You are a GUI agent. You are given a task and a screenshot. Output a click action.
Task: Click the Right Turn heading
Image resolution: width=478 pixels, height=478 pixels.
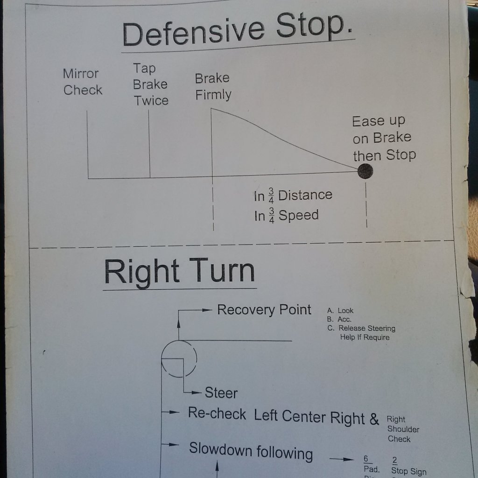point(180,271)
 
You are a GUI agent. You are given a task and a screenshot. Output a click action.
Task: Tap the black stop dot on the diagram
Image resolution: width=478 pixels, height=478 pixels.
point(365,171)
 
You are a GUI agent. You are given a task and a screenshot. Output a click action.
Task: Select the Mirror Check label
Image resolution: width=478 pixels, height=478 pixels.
point(82,82)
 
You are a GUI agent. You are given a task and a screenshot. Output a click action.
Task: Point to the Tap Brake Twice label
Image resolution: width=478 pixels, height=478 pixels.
point(151,84)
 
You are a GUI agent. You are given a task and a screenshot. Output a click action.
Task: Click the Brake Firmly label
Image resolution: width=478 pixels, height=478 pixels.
point(213,86)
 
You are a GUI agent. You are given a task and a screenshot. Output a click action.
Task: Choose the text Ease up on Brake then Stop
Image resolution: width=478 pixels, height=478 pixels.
point(384,138)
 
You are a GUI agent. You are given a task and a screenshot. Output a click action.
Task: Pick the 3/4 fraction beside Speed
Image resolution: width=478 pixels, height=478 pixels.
point(271,216)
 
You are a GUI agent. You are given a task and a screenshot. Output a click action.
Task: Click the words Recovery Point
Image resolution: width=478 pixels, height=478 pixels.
point(264,310)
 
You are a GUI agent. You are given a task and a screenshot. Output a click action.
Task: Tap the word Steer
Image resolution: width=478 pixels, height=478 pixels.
point(221,393)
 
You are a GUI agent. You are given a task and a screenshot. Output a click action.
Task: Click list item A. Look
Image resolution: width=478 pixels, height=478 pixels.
point(340,310)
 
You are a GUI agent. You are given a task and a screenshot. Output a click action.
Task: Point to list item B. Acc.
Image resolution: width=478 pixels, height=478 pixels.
point(339,319)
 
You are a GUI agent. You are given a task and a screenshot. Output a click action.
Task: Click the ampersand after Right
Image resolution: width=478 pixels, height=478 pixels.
point(374,419)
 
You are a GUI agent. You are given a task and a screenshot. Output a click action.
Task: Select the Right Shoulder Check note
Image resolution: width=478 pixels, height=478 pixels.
point(403,429)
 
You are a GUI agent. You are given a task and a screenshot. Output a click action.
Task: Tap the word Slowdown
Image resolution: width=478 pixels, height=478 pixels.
point(220,449)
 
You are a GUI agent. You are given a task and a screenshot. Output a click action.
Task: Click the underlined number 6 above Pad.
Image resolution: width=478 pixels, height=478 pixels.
point(366,459)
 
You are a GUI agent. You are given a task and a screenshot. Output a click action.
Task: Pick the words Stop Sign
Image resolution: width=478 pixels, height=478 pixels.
point(408,471)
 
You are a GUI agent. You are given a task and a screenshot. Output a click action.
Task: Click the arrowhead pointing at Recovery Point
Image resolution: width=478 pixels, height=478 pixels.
point(207,310)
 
